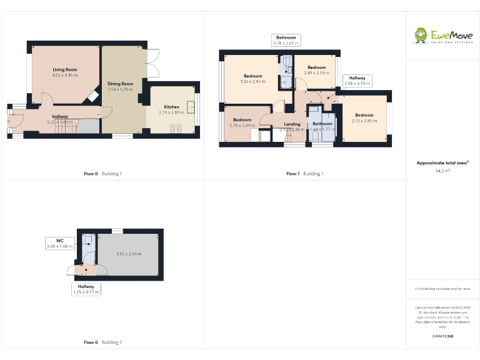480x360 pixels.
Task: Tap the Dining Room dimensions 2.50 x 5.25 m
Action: coord(121,89)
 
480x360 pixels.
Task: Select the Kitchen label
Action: coord(171,107)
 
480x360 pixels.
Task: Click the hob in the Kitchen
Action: coord(176,129)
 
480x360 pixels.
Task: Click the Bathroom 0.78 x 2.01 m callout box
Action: coord(287,40)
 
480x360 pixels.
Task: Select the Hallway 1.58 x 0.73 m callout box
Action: coord(357,81)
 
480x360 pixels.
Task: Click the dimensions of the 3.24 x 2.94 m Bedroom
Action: coord(252,81)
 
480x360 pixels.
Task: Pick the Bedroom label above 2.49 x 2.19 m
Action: coord(316,67)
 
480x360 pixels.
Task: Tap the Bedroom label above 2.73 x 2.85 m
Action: coord(364,115)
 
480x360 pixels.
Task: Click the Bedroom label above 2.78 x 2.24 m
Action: coord(242,119)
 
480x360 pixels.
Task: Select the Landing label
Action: coord(292,124)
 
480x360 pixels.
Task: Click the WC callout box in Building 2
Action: coord(60,243)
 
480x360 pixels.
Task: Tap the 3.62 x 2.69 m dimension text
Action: coord(129,254)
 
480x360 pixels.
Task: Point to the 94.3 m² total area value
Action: coord(442,170)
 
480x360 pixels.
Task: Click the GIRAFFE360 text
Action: coord(442,336)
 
